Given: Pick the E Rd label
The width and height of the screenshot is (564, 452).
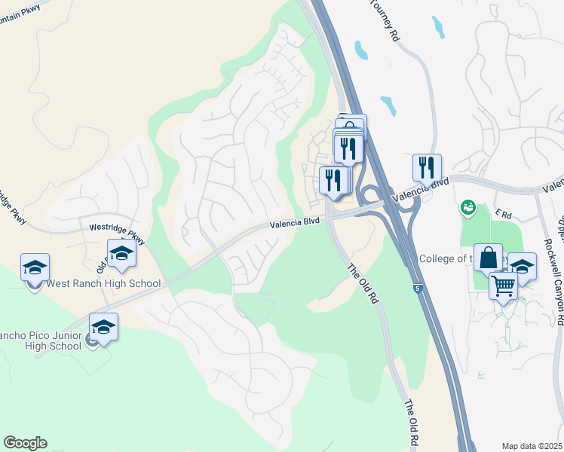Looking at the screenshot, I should (503, 214).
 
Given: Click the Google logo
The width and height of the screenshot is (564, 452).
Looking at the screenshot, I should (25, 443).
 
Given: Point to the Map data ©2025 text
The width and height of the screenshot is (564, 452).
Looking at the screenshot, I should (532, 446).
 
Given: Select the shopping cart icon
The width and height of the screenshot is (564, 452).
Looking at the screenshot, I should (503, 286).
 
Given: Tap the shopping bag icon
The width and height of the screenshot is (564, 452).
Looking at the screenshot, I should (488, 258).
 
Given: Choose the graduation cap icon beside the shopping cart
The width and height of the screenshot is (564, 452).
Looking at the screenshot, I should (522, 266).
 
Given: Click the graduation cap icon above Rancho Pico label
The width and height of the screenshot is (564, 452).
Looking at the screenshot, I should (103, 327).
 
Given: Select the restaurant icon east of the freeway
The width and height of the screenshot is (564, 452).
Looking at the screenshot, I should (427, 167).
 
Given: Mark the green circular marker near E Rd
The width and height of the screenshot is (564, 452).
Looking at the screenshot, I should (467, 206).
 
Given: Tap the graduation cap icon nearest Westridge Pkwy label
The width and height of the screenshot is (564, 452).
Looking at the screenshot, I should (121, 253).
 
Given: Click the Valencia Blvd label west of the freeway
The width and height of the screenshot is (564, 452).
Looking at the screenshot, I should (296, 223).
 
